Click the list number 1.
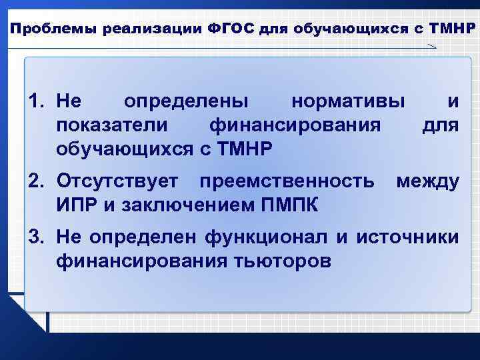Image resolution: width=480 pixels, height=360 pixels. point(38,101)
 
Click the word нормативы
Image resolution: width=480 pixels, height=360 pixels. point(348,101)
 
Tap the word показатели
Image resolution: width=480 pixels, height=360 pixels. point(114,125)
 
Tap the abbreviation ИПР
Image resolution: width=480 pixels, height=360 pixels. point(77,203)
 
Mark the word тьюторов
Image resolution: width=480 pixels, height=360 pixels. point(273,259)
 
